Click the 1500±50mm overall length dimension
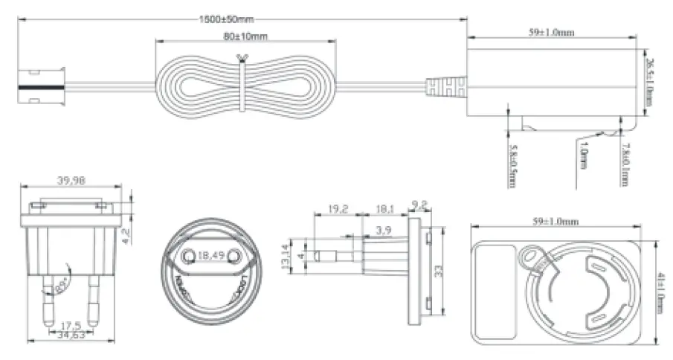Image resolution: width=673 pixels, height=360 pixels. pyautogui.click(x=231, y=18)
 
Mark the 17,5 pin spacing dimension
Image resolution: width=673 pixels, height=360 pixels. pyautogui.click(x=72, y=325)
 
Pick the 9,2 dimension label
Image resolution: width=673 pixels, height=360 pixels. pyautogui.click(x=418, y=202)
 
